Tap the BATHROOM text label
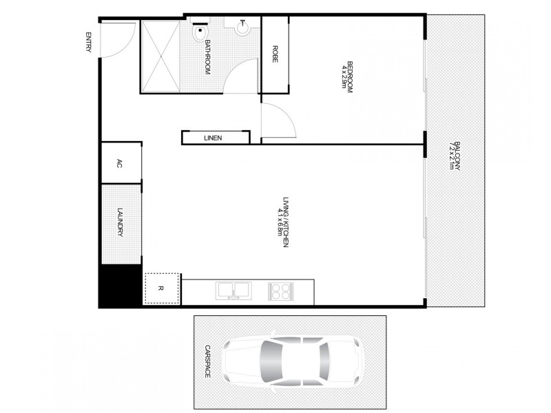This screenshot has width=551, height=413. [x=207, y=57]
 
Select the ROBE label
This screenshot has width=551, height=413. [x=275, y=54]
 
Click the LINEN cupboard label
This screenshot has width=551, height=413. [x=213, y=138]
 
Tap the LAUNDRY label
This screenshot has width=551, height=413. [x=120, y=223]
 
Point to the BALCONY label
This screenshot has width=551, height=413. [x=455, y=157]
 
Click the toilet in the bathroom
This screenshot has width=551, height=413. [x=200, y=32]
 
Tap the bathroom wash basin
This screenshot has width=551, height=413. [x=243, y=28]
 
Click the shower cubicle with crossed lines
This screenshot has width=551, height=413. [x=160, y=56]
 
